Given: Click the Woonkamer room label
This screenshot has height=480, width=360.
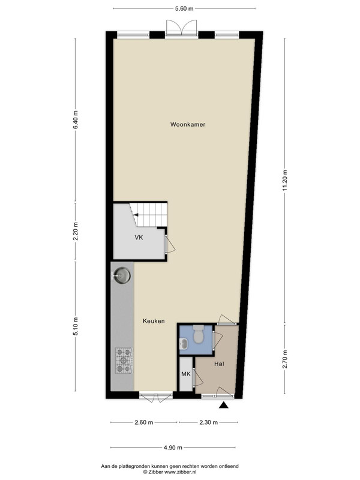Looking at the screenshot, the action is pyautogui.click(x=188, y=124).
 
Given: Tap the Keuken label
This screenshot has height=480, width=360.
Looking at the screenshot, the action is pyautogui.click(x=154, y=321).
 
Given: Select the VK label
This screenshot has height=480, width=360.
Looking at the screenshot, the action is pyautogui.click(x=139, y=237).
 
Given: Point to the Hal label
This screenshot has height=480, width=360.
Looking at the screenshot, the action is pyautogui.click(x=219, y=364).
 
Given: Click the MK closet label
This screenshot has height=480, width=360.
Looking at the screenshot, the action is pyautogui.click(x=186, y=374).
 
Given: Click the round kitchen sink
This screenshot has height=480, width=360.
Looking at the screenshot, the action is pyautogui.click(x=122, y=275).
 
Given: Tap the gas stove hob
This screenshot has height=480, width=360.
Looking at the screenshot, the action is pyautogui.click(x=124, y=361).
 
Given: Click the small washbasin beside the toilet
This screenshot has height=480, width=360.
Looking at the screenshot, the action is pyautogui.click(x=184, y=343).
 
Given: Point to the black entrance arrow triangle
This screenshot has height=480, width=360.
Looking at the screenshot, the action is pyautogui.click(x=224, y=406).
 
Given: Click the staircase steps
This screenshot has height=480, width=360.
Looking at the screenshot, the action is pyautogui.click(x=148, y=214).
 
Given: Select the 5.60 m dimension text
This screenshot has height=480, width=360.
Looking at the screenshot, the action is pyautogui.click(x=184, y=8).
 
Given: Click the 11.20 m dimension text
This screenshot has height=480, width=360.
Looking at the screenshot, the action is pyautogui.click(x=284, y=180).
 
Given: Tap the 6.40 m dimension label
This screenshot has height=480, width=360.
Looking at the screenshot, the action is pyautogui.click(x=76, y=119).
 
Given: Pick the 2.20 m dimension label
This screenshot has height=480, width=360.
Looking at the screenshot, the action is pyautogui.click(x=76, y=231).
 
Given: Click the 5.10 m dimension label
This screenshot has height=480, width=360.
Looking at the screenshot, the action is pyautogui.click(x=76, y=326).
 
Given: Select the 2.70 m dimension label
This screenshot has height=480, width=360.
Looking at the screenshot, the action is pyautogui.click(x=284, y=359).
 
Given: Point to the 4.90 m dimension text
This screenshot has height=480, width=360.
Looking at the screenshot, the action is pyautogui.click(x=173, y=448).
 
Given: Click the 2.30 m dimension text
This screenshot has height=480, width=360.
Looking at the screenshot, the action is pyautogui.click(x=208, y=422).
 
